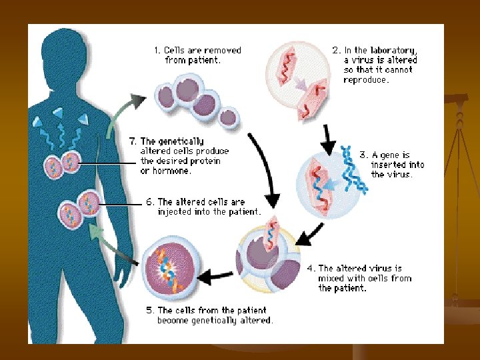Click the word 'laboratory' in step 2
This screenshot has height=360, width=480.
click(x=393, y=50)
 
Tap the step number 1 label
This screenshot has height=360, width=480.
click(x=157, y=50)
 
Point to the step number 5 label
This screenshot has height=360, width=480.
click(x=150, y=310)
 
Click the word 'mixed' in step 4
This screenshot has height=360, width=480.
click(x=331, y=278)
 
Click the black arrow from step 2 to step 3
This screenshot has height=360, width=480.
click(x=328, y=137)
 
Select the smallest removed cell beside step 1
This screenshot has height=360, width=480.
click(x=228, y=117)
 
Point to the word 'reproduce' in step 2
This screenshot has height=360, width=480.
click(x=366, y=79)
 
